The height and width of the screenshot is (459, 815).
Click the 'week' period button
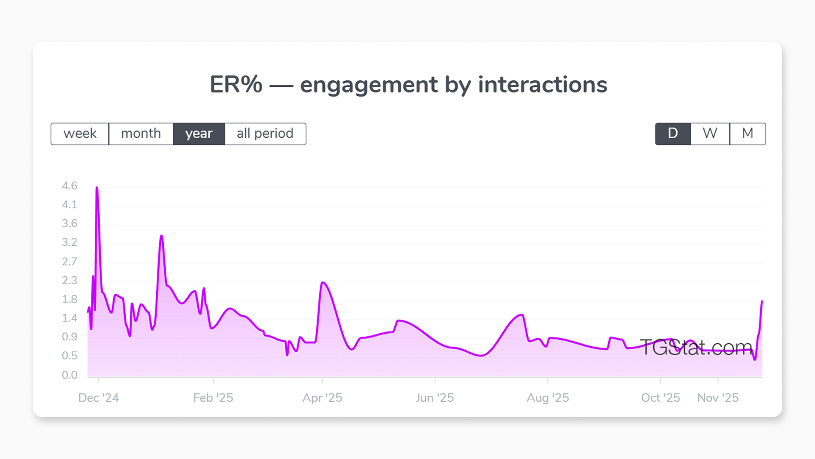coord(80,134)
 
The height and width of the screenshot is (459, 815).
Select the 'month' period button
coord(141,134)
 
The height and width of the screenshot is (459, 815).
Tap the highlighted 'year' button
coord(199,134)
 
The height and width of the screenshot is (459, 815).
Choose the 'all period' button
coord(265,134)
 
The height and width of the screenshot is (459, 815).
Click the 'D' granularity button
coord(673,134)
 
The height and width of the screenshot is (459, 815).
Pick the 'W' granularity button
coord(710,134)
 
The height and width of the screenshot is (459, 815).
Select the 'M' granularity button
coord(748,134)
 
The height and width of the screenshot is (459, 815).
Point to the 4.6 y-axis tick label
coord(70,186)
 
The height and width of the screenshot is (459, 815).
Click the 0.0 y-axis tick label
coord(70,375)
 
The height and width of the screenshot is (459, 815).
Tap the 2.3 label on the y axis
coord(70,280)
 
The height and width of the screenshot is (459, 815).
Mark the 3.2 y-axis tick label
coord(70,242)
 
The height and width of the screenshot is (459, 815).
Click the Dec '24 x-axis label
coord(98,398)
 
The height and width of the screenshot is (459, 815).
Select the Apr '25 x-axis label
coord(322,398)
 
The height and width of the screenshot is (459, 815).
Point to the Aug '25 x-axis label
coord(548,398)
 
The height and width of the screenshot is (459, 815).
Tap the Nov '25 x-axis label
coord(718,398)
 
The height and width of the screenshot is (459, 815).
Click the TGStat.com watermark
coord(696,347)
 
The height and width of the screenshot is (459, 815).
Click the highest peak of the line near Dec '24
coord(97,187)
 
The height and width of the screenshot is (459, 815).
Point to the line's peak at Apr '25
coord(323,282)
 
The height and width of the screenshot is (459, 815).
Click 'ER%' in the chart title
coord(236,85)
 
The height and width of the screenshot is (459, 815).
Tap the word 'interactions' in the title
coord(542,85)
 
